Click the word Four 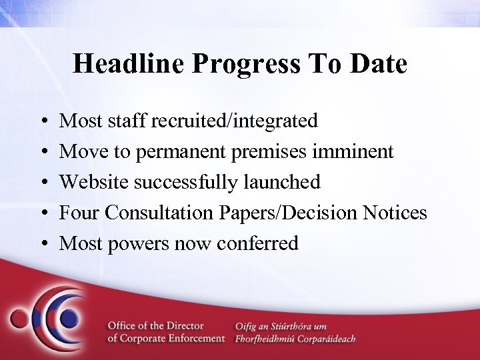tap(79, 212)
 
